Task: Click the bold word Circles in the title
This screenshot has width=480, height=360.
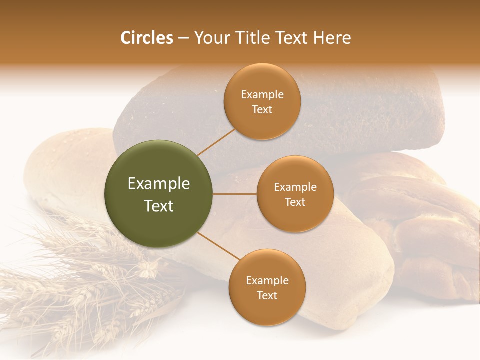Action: click(147, 38)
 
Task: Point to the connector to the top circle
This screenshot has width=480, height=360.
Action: click(216, 142)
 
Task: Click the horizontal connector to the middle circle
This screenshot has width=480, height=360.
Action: click(234, 194)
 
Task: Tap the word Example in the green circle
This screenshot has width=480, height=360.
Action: click(159, 184)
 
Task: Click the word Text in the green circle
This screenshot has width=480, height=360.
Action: click(159, 206)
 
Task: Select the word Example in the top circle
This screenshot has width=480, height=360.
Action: click(262, 95)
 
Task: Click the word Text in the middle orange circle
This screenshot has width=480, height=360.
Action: click(295, 202)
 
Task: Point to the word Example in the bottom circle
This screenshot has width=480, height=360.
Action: click(267, 281)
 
